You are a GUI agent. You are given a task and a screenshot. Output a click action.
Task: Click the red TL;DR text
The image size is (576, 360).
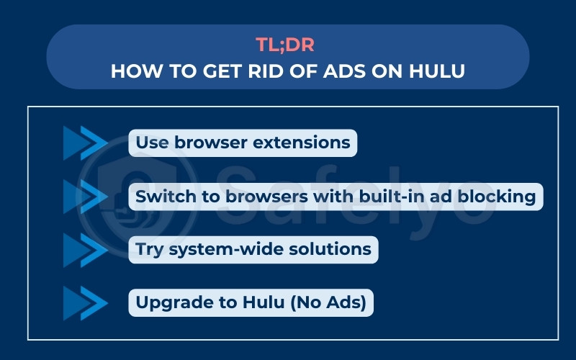click(288, 45)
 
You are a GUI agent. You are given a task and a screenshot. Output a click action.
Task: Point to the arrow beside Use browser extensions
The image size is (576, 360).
click(84, 143)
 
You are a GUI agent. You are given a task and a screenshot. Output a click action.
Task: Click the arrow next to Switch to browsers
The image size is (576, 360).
click(84, 197)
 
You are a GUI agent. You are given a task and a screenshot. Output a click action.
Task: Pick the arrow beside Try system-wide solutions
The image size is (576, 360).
click(84, 250)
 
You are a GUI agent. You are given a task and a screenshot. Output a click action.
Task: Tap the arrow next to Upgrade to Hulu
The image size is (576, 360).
click(84, 303)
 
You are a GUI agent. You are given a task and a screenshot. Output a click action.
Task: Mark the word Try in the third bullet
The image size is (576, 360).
click(150, 250)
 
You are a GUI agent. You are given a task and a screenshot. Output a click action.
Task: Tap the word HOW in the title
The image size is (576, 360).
click(132, 72)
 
